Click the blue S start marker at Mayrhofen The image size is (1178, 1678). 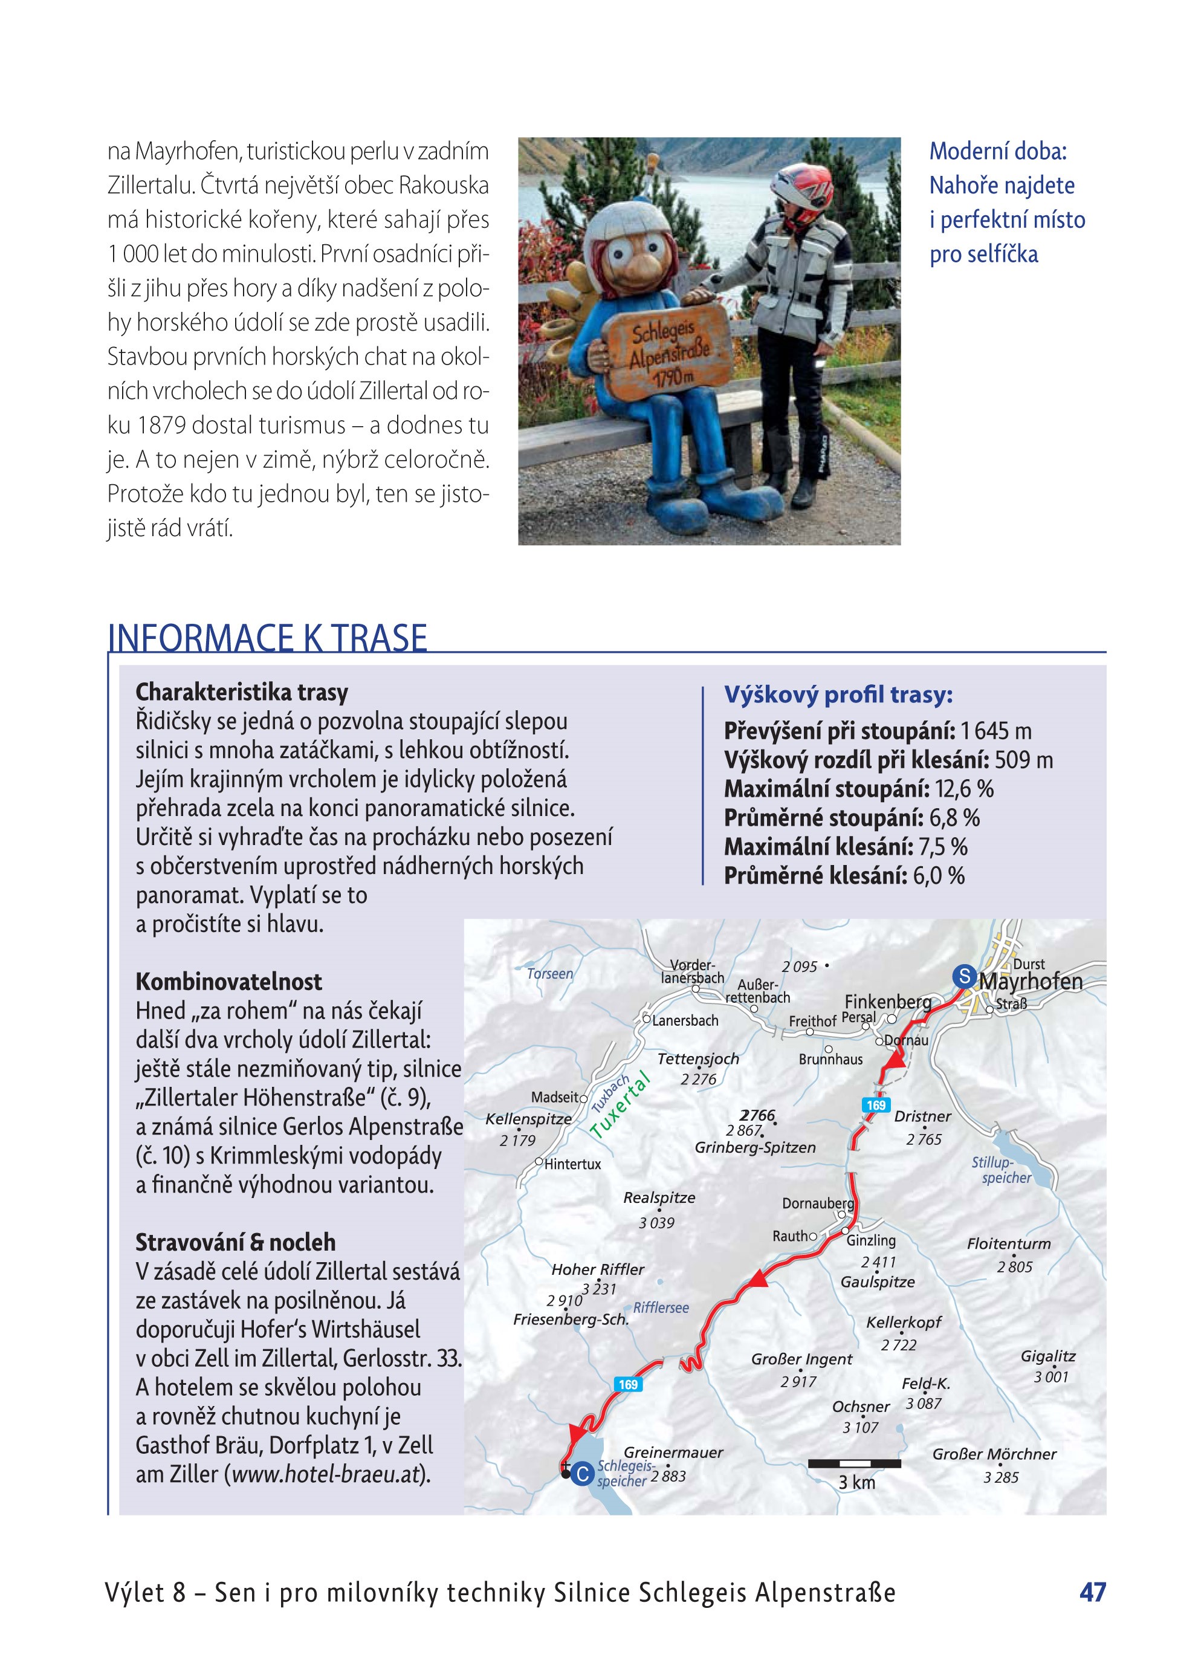964,976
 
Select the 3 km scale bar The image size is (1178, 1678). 853,1464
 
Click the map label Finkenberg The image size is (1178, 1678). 887,1001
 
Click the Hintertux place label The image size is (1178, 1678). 572,1164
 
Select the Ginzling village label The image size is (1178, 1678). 870,1240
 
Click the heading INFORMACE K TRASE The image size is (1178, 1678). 268,637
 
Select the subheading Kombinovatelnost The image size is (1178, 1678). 228,982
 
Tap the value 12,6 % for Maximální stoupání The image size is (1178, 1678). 964,789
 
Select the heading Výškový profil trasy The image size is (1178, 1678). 838,695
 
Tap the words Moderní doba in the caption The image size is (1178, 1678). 997,151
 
